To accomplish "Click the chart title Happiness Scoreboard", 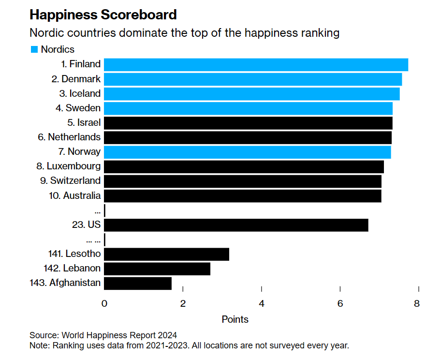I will tap(103, 15).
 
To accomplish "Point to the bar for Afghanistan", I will tap(138, 283).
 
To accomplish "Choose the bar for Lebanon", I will tap(157, 269).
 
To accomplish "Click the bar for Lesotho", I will tap(166, 254).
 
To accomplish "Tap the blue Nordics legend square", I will tap(34, 49).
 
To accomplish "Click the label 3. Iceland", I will tap(80, 93).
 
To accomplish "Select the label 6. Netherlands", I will tap(69, 137).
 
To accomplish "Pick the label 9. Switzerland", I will tap(71, 180).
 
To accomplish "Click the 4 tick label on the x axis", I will tap(262, 304).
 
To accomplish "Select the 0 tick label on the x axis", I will tap(104, 304).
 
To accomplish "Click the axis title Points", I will tap(235, 319).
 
